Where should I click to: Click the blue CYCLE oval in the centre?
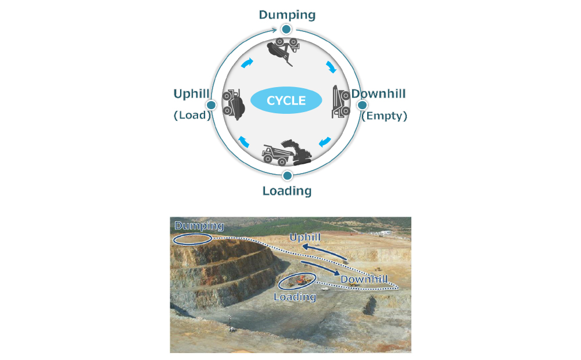click(286, 100)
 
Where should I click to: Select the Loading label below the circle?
click(287, 190)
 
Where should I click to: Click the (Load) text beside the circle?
click(191, 115)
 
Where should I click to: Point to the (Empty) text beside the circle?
click(384, 116)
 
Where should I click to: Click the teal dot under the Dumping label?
click(286, 28)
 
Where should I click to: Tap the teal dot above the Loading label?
click(286, 175)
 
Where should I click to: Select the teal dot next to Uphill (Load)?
click(211, 105)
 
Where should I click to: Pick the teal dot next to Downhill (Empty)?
click(361, 105)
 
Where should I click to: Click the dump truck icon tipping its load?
click(284, 50)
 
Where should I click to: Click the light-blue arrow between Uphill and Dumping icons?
click(247, 62)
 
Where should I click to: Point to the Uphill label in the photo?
click(305, 237)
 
